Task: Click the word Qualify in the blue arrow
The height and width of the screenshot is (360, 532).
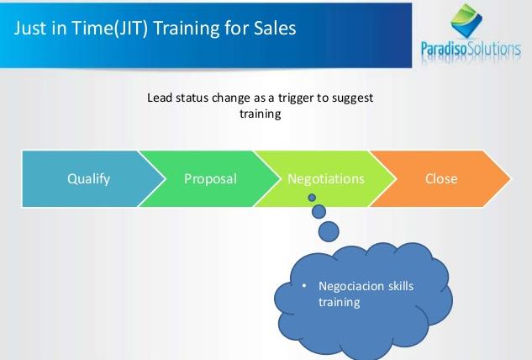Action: coord(88,179)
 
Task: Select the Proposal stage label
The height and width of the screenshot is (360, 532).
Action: coord(210,179)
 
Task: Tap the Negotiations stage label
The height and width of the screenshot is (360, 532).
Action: coord(326,178)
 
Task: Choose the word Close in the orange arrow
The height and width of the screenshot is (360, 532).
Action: coord(441,178)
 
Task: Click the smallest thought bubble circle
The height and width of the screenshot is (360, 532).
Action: coord(312,198)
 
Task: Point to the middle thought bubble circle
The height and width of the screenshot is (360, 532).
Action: coord(319,212)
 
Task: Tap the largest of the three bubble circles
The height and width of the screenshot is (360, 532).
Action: coord(329,231)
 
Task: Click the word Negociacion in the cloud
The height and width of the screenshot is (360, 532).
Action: coord(350,286)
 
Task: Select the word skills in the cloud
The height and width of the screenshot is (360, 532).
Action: coord(401,286)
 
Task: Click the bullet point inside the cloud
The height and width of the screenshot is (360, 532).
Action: coord(304,286)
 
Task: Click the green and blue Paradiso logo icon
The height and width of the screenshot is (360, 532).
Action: coord(466,21)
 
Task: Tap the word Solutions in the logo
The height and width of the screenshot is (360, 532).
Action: coord(494,50)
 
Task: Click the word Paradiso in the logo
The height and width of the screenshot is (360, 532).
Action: coord(444,50)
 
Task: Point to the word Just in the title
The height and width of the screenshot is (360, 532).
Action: coord(30,28)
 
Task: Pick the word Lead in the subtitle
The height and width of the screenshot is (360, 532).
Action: coord(160,98)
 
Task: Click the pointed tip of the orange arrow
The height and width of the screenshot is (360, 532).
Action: coord(511,178)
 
